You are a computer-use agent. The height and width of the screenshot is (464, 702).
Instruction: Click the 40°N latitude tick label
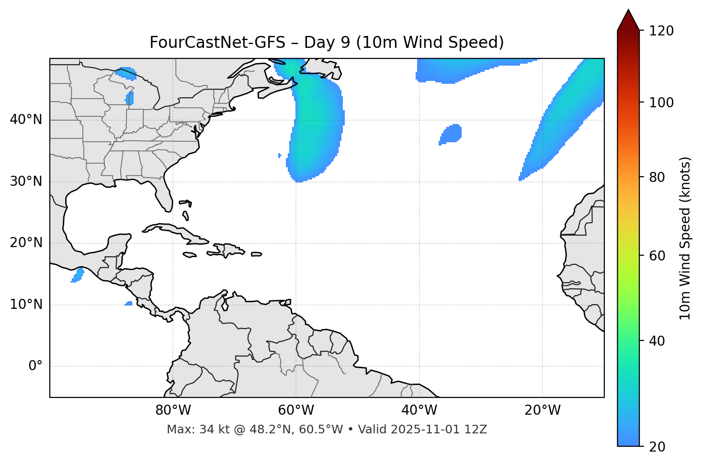click(26, 120)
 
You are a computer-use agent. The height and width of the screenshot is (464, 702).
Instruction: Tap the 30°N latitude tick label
click(26, 181)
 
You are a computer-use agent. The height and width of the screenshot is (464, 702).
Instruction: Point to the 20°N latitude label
click(26, 243)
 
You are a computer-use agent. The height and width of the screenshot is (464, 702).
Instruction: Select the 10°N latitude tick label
click(26, 305)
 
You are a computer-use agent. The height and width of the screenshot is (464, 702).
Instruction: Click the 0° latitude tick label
click(35, 366)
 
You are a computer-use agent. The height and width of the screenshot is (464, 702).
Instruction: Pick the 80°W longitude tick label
click(173, 410)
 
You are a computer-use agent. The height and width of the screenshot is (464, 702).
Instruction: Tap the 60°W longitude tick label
click(296, 410)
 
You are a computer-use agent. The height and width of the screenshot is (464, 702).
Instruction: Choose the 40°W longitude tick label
click(419, 410)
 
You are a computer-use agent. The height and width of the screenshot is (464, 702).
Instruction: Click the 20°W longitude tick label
click(542, 410)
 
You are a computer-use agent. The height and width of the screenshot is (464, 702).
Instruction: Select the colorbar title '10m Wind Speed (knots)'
click(685, 238)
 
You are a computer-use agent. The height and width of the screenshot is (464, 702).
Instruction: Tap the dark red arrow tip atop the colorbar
click(628, 20)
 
